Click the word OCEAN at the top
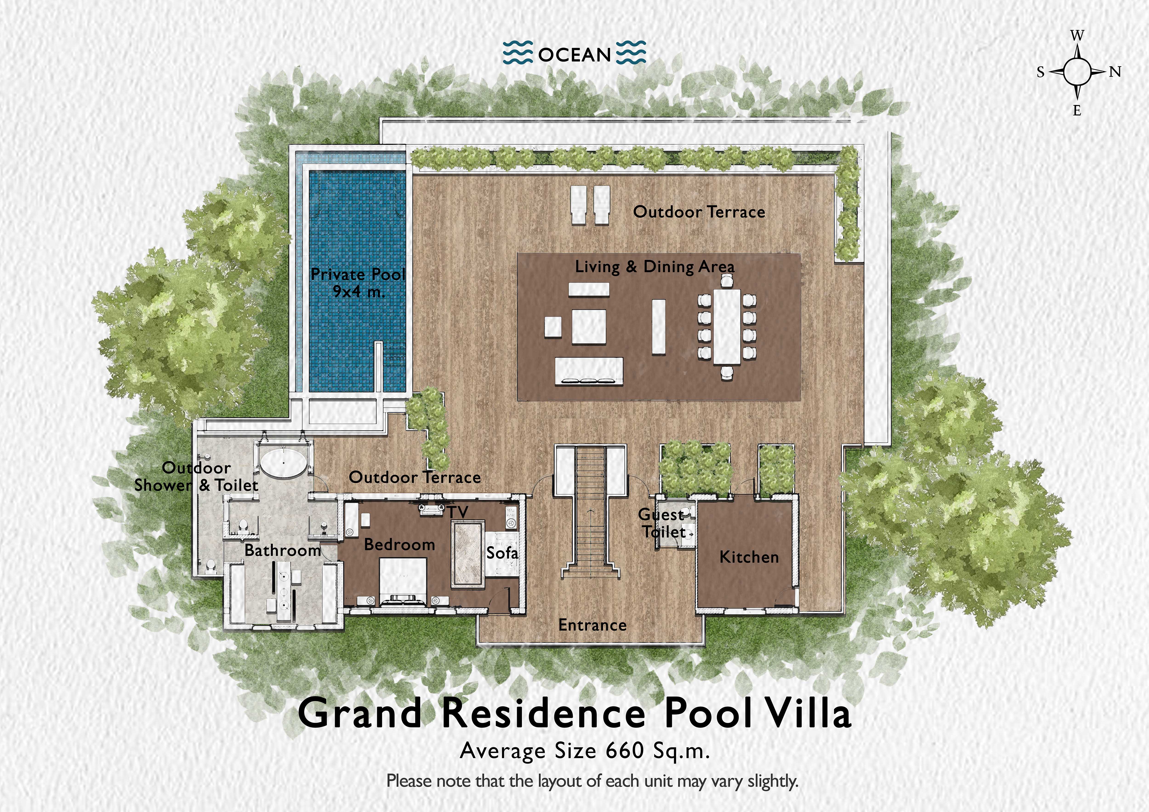(x=574, y=54)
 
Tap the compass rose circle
(x=1077, y=72)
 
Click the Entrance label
(x=592, y=625)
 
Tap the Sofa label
(x=502, y=553)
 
